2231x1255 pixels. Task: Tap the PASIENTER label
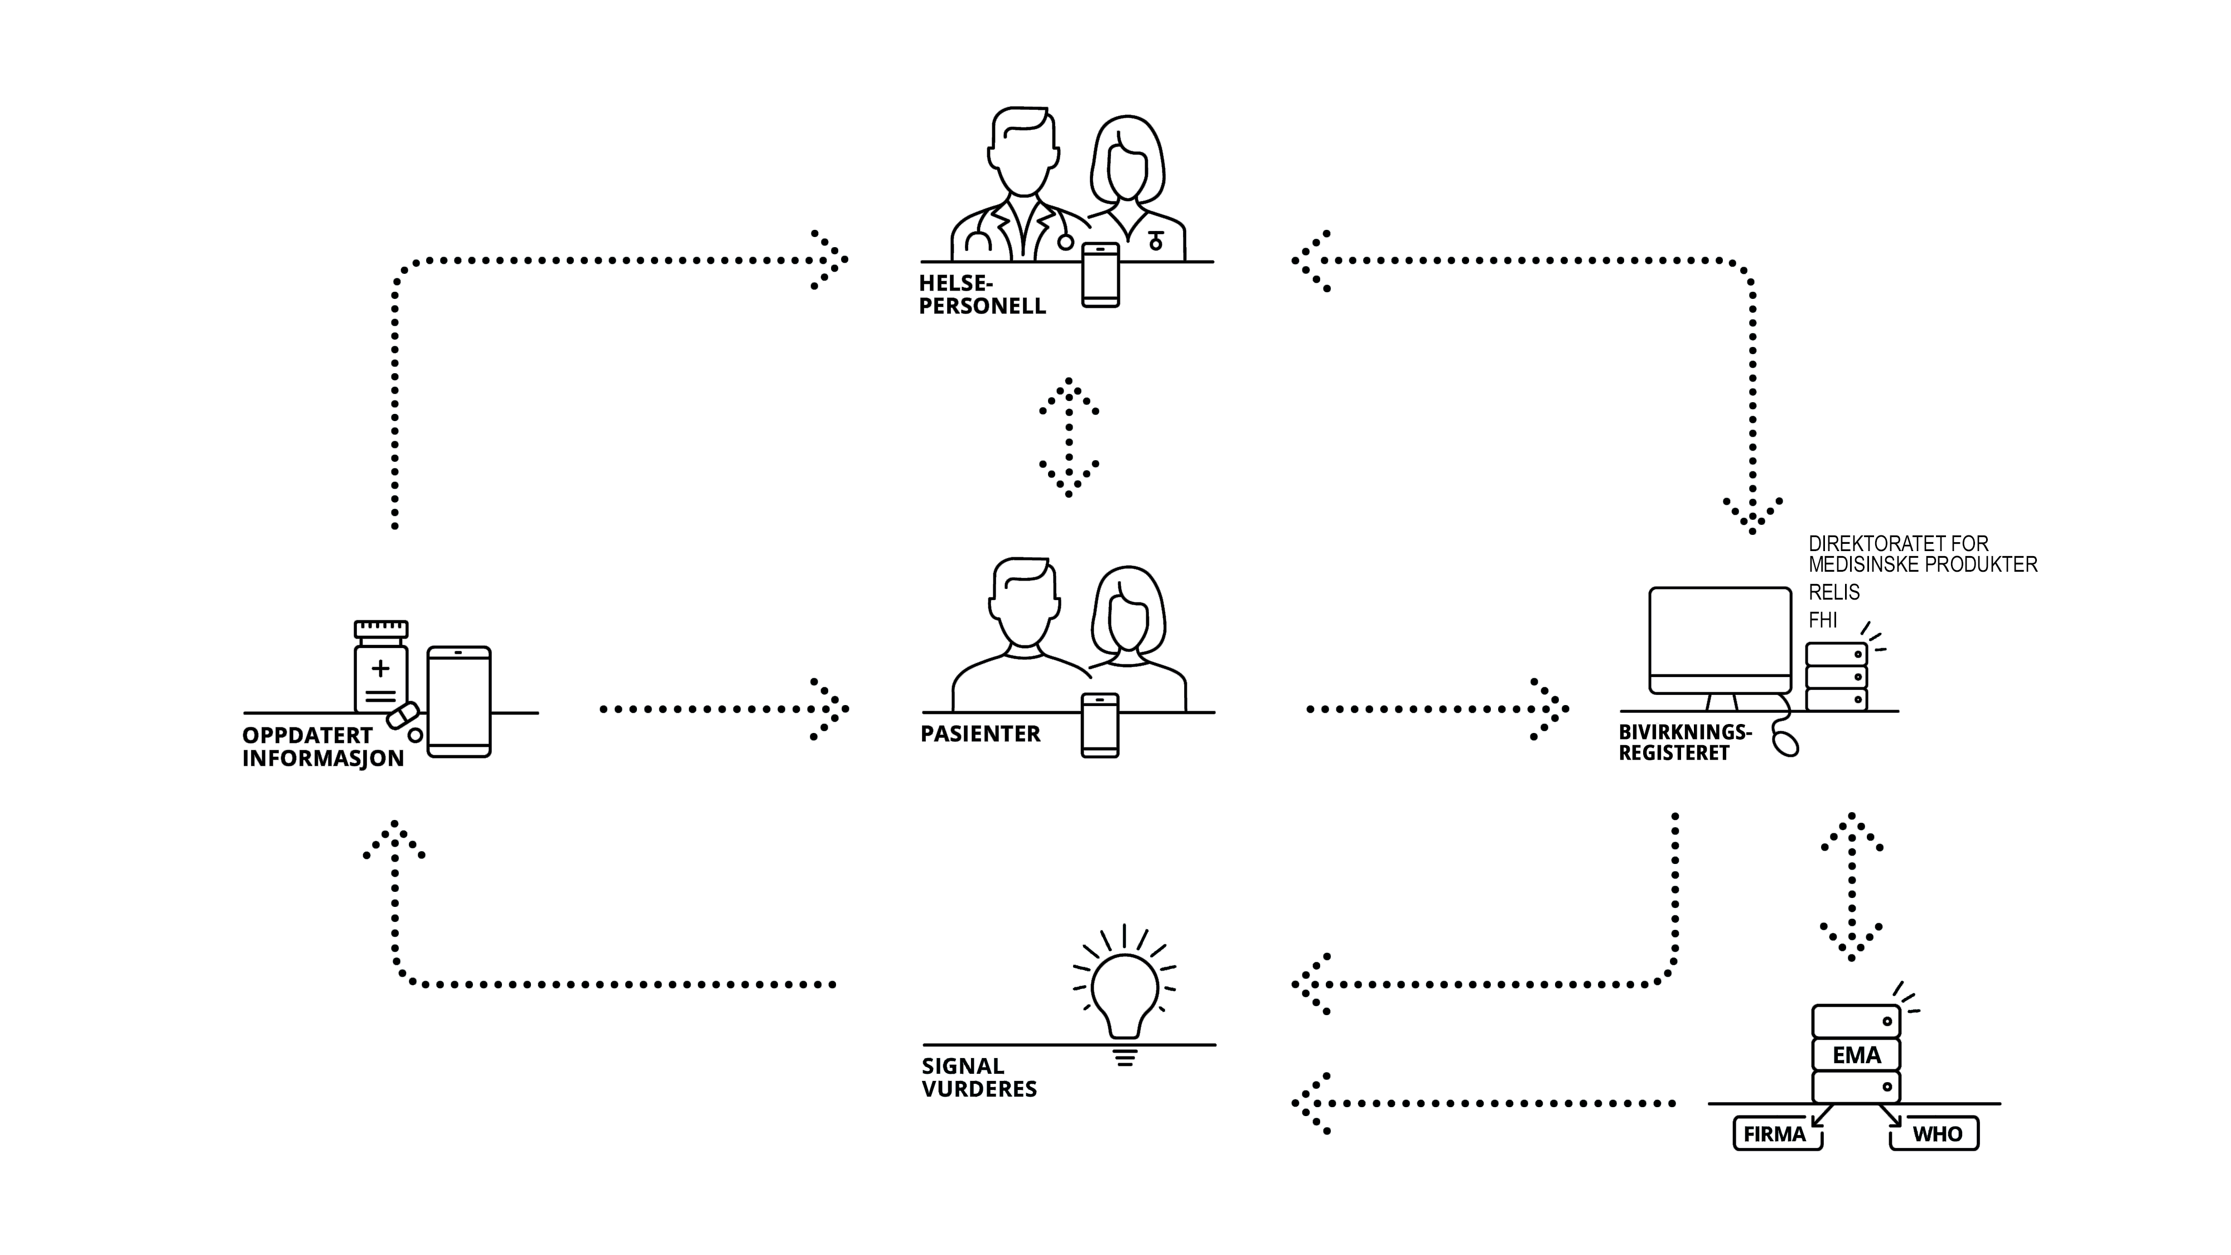point(979,733)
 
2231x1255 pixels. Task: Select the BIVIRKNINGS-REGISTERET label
point(1684,742)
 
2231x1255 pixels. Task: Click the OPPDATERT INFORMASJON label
point(322,747)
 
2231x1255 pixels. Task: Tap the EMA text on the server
point(1856,1055)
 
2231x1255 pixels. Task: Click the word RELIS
point(1833,592)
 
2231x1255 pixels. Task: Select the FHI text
point(1822,620)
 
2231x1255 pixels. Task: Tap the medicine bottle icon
point(381,671)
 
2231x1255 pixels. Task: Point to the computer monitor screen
point(1719,633)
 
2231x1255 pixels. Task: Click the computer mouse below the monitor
point(1785,743)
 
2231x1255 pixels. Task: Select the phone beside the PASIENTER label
point(1100,726)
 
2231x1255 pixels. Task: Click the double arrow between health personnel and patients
point(1069,437)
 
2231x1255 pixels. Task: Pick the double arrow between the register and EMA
point(1852,886)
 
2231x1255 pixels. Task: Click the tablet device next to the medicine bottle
point(459,702)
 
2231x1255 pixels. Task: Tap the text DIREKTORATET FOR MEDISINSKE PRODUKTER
point(1922,554)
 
